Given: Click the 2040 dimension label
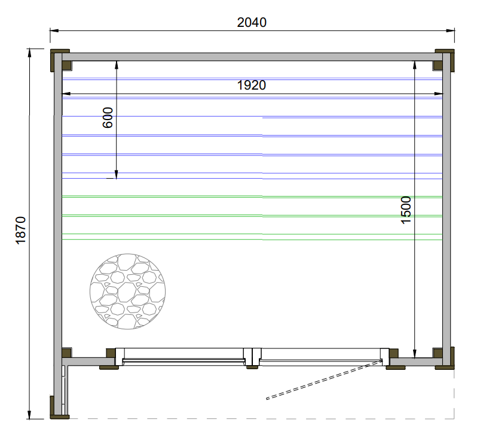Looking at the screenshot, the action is (x=252, y=23).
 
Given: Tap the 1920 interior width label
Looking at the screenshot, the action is (x=251, y=85).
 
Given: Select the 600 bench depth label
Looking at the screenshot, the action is (x=108, y=117).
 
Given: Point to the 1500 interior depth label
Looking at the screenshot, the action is (x=406, y=210).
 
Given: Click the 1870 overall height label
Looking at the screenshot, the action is (x=21, y=230).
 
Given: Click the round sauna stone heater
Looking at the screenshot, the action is (x=128, y=292).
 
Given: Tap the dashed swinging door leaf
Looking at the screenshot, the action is (x=324, y=379).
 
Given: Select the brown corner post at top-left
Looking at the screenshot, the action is (x=60, y=60).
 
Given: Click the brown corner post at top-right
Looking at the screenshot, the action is (x=444, y=60).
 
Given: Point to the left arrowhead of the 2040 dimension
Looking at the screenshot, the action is (x=54, y=30).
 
